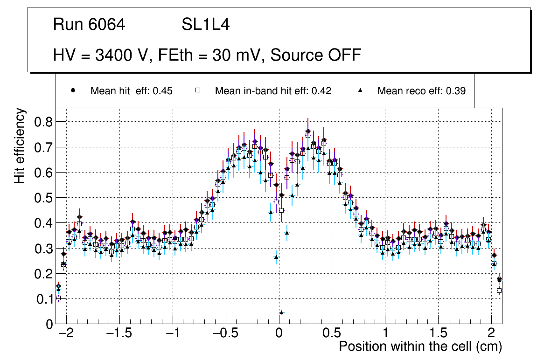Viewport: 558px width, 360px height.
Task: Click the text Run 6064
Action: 89,25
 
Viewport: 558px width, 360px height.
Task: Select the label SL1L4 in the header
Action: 205,25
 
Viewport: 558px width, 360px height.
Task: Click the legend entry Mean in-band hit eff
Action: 273,91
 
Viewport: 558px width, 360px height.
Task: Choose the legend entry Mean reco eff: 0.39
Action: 421,91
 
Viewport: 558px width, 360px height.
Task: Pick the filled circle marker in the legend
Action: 73,90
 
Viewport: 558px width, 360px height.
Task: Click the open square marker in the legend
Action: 197,90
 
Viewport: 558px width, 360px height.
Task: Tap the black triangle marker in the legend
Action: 360,90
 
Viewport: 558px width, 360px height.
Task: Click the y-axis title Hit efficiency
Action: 20,145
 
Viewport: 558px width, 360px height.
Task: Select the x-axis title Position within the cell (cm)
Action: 420,347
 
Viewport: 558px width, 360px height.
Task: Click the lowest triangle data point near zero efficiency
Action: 281,312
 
